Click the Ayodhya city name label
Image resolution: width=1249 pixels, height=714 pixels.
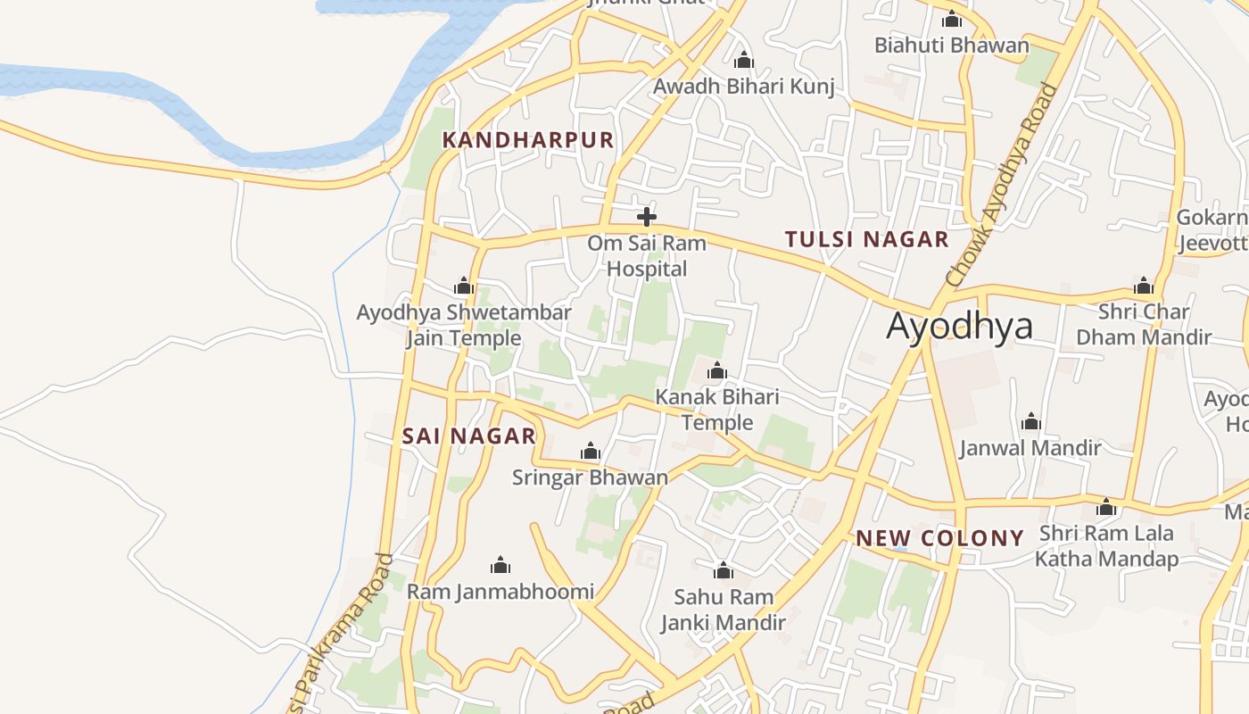pyautogui.click(x=959, y=327)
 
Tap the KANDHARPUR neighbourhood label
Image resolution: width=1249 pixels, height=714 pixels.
pyautogui.click(x=528, y=140)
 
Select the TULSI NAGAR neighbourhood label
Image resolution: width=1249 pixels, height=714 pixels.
pyautogui.click(x=866, y=239)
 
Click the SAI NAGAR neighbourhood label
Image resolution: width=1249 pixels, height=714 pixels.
pyautogui.click(x=469, y=436)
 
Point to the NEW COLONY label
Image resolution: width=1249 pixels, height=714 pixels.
pyautogui.click(x=939, y=538)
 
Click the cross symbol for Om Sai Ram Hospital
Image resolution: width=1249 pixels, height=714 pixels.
pyautogui.click(x=647, y=216)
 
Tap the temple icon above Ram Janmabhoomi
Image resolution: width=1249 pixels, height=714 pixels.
pyautogui.click(x=500, y=565)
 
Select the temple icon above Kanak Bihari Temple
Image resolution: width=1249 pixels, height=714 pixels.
pyautogui.click(x=717, y=370)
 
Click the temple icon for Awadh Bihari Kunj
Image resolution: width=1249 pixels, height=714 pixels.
pyautogui.click(x=744, y=60)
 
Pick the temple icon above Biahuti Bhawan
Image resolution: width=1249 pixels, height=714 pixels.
pyautogui.click(x=952, y=18)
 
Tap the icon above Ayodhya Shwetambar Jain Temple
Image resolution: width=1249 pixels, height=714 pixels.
pyautogui.click(x=464, y=286)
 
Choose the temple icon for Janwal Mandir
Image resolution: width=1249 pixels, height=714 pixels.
pyautogui.click(x=1031, y=421)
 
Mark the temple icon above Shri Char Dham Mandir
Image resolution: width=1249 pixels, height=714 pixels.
pyautogui.click(x=1144, y=286)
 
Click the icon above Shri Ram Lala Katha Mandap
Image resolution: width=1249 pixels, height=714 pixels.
pyautogui.click(x=1106, y=507)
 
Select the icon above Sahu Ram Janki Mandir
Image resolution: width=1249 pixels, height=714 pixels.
pyautogui.click(x=724, y=569)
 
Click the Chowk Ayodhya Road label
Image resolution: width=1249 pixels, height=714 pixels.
pyautogui.click(x=1003, y=186)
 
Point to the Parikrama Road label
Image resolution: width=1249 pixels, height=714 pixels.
pyautogui.click(x=343, y=629)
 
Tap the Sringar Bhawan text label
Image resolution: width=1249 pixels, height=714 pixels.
pyautogui.click(x=590, y=477)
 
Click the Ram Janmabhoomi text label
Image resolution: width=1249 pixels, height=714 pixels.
pyautogui.click(x=500, y=592)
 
